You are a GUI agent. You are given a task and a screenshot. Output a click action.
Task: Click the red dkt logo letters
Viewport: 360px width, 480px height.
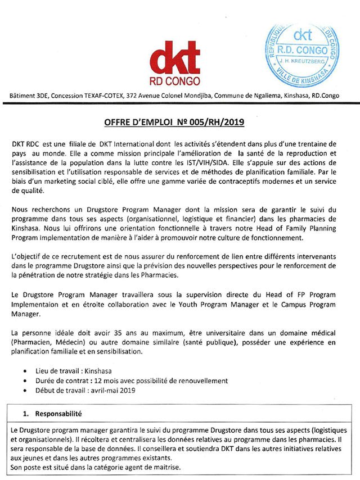[x=175, y=57]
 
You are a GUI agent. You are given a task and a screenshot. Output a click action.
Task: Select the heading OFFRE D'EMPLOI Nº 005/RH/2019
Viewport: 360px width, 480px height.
[x=179, y=121]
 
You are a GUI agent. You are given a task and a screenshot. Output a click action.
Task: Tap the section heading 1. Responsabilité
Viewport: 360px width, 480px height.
[x=61, y=413]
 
